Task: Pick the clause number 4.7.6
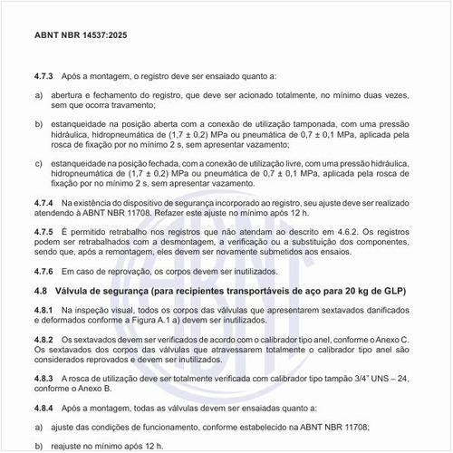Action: (44, 272)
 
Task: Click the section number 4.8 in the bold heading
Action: (40, 291)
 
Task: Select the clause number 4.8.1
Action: (44, 310)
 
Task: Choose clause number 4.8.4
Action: (44, 408)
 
